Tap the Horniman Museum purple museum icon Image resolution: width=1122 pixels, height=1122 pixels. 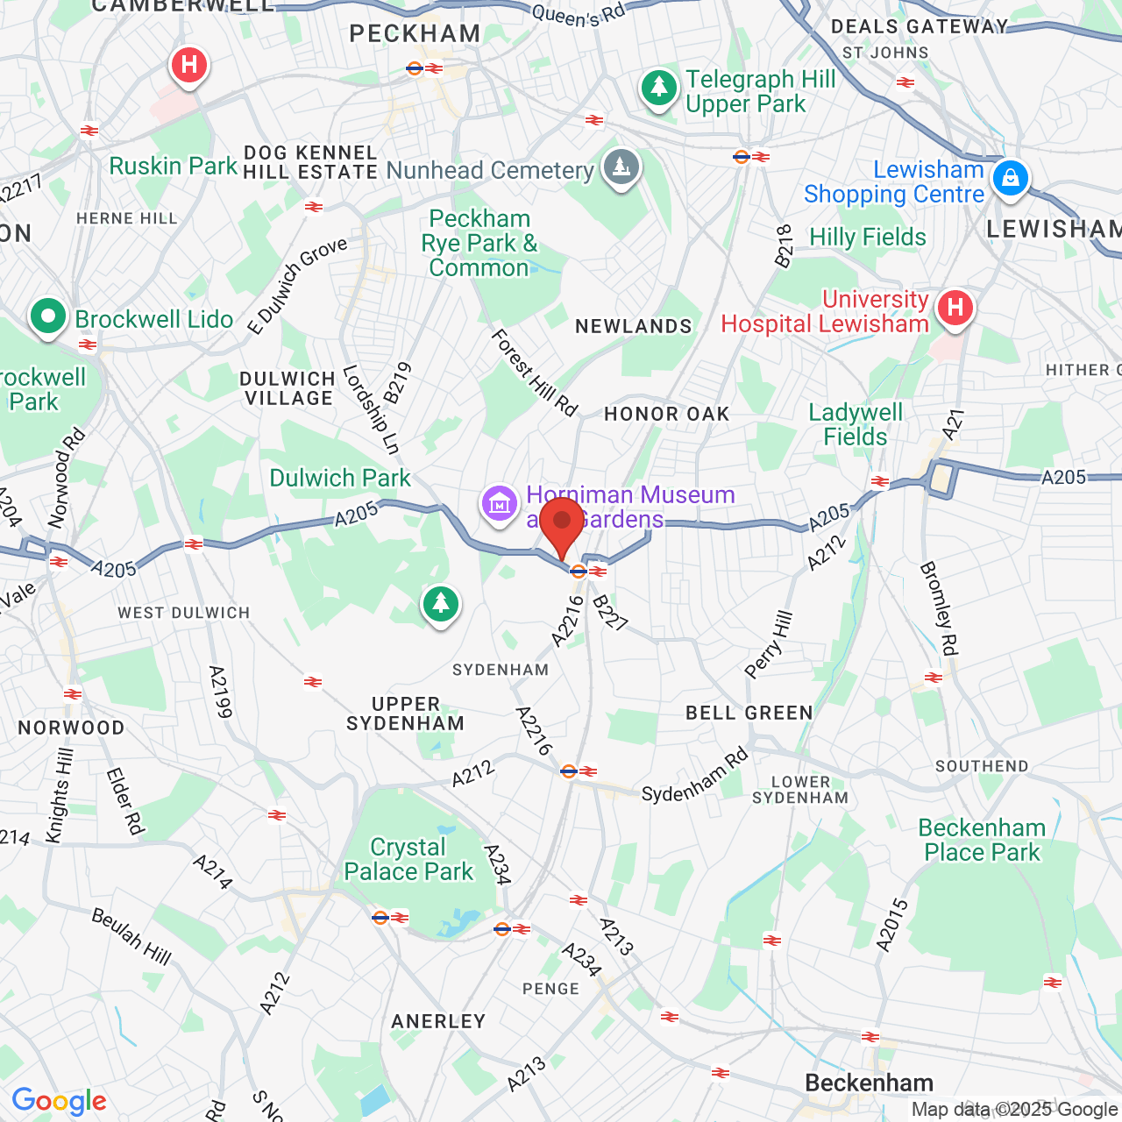[x=500, y=504]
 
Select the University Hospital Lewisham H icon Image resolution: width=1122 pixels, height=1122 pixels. [x=955, y=308]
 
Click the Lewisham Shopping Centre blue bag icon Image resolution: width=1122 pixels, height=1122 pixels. [x=1011, y=178]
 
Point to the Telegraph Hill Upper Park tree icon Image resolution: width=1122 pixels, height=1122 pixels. [x=659, y=88]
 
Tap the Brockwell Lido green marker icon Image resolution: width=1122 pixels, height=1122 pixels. [x=48, y=316]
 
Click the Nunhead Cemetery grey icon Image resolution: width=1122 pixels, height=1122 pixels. [x=621, y=167]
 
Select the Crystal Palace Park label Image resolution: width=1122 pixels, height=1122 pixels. [x=408, y=859]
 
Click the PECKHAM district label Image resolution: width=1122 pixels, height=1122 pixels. [x=415, y=33]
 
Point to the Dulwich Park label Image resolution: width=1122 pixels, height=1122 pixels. [x=340, y=478]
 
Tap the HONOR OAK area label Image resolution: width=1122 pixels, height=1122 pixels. [x=666, y=414]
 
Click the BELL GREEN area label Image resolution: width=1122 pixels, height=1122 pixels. [x=749, y=713]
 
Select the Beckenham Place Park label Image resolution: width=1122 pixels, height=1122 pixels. [x=982, y=840]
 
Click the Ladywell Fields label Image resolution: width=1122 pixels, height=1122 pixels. [x=856, y=424]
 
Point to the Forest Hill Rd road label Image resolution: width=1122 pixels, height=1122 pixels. [x=535, y=373]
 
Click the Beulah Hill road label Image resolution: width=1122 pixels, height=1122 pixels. [x=131, y=936]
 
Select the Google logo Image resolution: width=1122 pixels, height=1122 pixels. [x=59, y=1101]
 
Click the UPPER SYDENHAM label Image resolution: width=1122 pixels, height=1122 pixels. [x=405, y=714]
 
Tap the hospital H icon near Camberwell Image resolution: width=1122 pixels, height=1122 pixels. [x=188, y=65]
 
